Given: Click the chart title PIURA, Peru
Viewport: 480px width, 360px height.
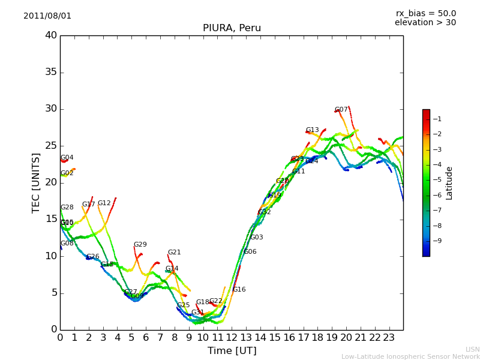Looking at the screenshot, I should click(x=232, y=28).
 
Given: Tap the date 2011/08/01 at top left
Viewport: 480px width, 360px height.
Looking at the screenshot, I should click(x=47, y=16).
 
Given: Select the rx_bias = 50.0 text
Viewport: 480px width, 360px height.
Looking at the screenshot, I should click(x=425, y=14).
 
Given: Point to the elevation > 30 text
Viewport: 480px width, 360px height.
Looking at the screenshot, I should click(x=425, y=23).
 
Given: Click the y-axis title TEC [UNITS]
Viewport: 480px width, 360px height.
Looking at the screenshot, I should click(x=37, y=182).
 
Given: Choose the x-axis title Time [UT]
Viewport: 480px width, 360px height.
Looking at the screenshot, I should click(x=232, y=351).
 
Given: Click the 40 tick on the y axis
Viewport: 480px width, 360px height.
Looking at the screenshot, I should click(x=50, y=35).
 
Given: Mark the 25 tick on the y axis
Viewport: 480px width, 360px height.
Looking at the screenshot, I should click(x=50, y=146).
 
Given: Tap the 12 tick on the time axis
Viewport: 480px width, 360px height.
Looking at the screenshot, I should click(x=232, y=338).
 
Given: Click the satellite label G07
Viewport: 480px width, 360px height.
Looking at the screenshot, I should click(x=341, y=110).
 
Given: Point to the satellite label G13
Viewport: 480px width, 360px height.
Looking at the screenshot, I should click(x=313, y=130).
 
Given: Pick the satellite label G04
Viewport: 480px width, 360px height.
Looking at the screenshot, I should click(x=67, y=158).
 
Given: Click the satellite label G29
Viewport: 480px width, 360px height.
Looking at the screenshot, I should click(x=140, y=245).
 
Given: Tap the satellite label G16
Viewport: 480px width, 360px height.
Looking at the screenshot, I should click(x=239, y=290).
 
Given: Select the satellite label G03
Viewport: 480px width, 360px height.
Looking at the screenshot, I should click(x=256, y=238).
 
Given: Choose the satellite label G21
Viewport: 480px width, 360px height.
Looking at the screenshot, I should click(x=174, y=253).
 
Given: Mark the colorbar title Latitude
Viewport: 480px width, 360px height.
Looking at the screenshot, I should click(x=449, y=183).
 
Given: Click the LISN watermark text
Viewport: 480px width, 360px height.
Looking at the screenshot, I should click(x=472, y=349).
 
